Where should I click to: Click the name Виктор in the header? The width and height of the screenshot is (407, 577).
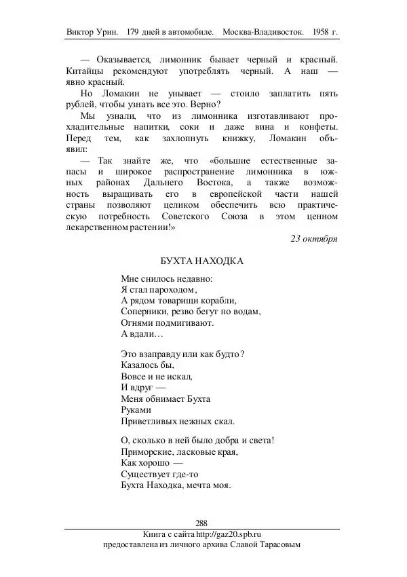81,32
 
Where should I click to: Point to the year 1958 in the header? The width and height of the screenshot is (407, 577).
323,32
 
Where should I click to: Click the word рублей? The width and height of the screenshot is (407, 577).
83,104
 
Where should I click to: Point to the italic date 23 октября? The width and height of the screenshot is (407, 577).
314,238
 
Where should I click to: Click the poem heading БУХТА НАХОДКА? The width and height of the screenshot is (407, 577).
202,261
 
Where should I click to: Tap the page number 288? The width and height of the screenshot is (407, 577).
201,522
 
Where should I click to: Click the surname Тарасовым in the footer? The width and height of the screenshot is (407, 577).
276,544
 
